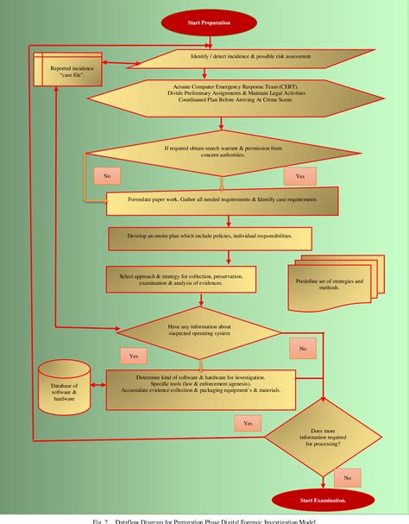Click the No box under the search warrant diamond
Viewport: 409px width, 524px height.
pyautogui.click(x=106, y=176)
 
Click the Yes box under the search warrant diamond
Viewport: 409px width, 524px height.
pyautogui.click(x=299, y=175)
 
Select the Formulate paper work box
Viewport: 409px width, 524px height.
pyautogui.click(x=223, y=204)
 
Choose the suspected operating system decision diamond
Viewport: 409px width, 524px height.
pyautogui.click(x=199, y=331)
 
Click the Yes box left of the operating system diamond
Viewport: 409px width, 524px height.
pyautogui.click(x=134, y=356)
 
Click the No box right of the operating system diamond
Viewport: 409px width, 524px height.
pyautogui.click(x=303, y=349)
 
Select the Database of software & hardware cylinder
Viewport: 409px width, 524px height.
pyautogui.click(x=63, y=388)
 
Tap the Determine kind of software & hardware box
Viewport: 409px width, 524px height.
pyautogui.click(x=200, y=390)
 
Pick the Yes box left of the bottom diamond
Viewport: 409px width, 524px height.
pyautogui.click(x=248, y=424)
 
